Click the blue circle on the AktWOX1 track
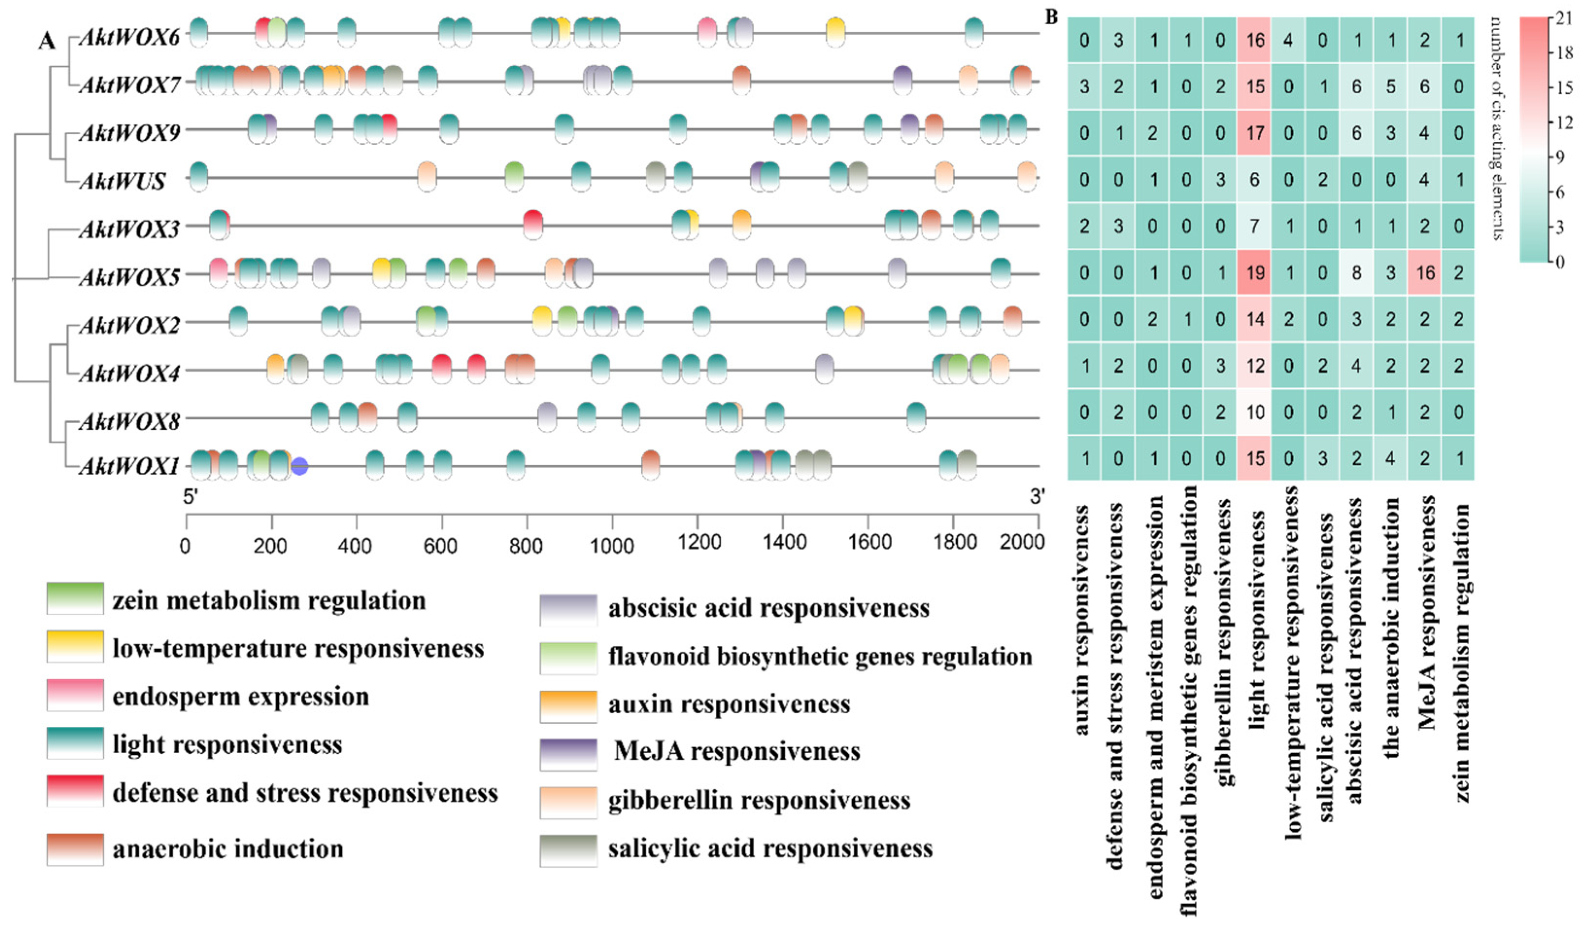(x=300, y=466)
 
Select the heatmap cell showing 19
(x=1255, y=273)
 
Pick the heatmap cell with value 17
(x=1255, y=133)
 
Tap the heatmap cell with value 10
(x=1255, y=412)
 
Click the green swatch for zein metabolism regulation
(x=75, y=599)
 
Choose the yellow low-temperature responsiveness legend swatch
(x=75, y=646)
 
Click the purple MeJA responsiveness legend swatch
(x=568, y=754)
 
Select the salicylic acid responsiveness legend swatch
(x=568, y=851)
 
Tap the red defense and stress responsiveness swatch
(x=75, y=791)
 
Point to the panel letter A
(x=47, y=41)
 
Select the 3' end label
(x=1037, y=498)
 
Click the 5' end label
(x=190, y=498)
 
